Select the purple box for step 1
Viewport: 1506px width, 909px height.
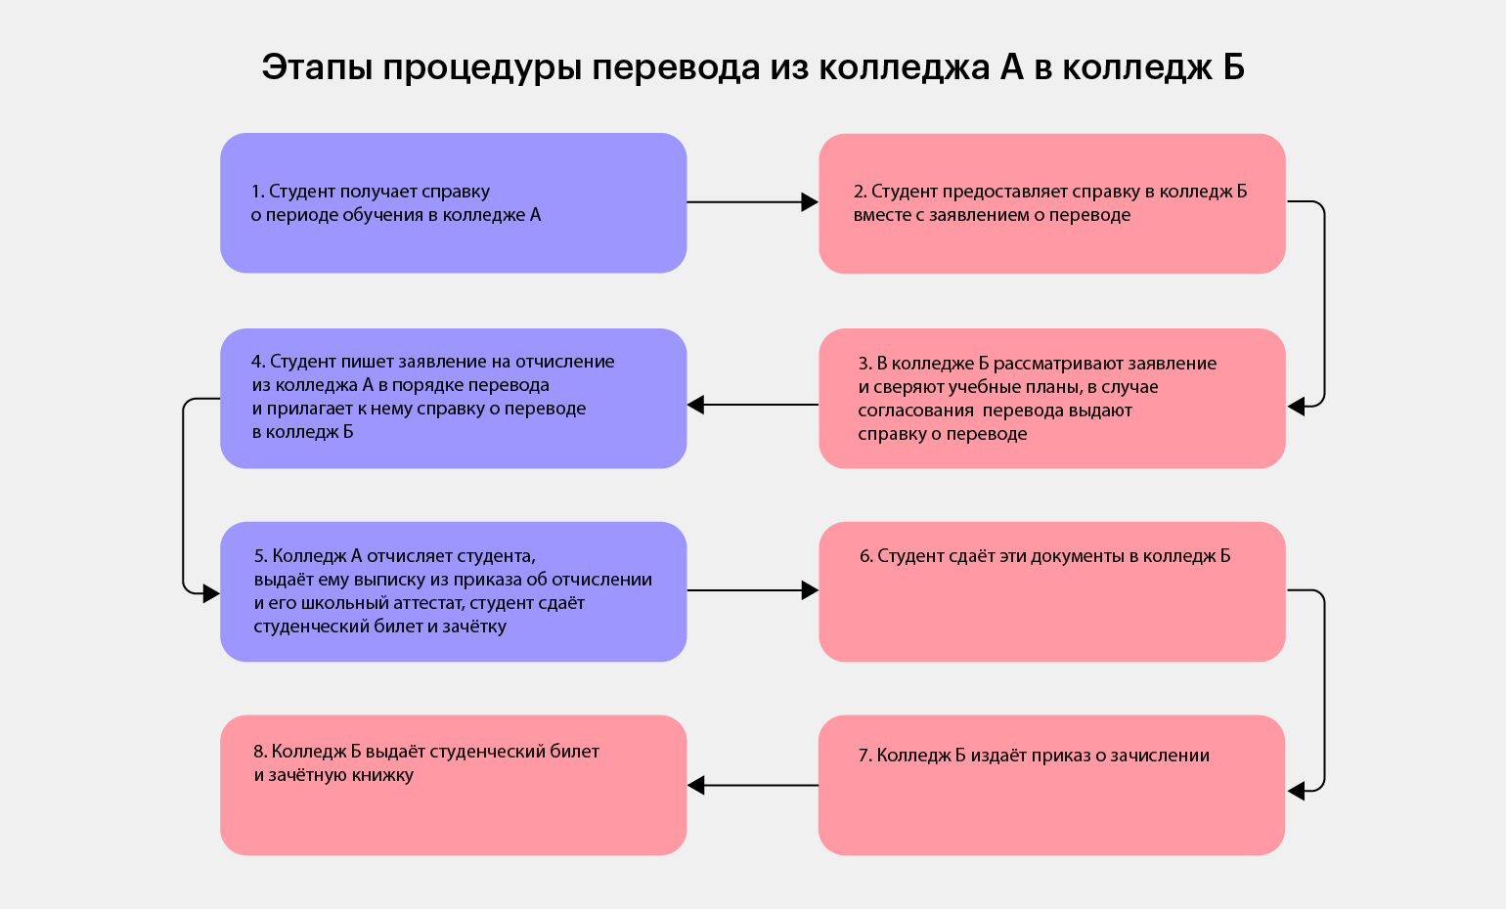453,203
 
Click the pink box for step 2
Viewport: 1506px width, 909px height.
1051,203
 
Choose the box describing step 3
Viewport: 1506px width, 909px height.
1051,398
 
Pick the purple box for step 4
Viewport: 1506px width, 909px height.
453,398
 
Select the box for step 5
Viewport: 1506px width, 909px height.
453,591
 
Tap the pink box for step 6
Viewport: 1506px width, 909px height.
1051,591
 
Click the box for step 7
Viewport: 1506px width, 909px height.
1051,785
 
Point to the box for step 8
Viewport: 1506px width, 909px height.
453,785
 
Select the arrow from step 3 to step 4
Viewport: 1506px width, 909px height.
753,405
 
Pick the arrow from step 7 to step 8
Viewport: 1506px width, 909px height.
753,785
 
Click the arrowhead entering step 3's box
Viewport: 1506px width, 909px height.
1296,407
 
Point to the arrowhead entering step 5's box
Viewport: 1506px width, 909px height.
210,593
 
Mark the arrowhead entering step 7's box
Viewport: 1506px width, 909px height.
1296,792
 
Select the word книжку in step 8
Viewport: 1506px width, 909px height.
381,775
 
